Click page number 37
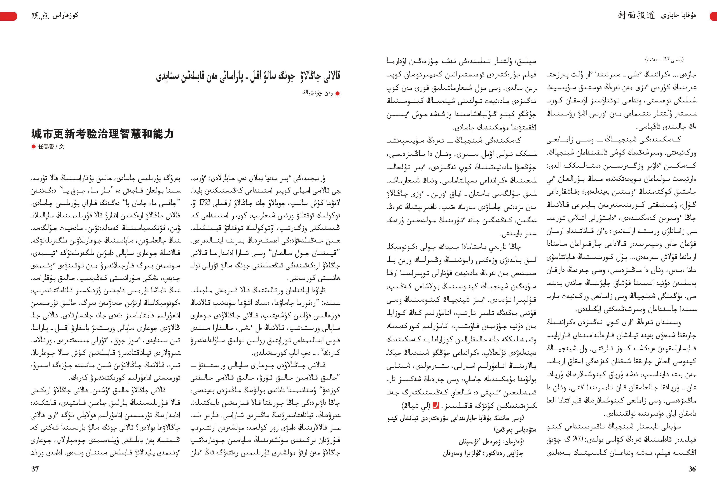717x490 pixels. [35, 469]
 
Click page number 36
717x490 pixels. [692, 469]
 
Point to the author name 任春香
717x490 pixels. [46, 146]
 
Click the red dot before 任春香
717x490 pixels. [34, 146]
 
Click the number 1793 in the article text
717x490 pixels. [205, 202]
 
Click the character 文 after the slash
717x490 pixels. [62, 146]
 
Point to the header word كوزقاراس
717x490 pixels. [65, 15]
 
